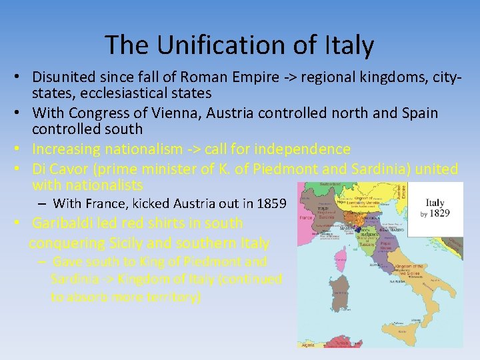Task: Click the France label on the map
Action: point(307,217)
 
